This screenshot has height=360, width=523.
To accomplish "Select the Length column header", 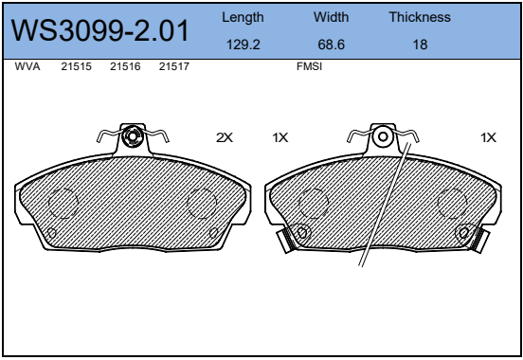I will pyautogui.click(x=243, y=17).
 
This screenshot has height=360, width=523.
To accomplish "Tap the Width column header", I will pyautogui.click(x=331, y=17).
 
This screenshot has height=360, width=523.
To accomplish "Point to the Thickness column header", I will pyautogui.click(x=419, y=17).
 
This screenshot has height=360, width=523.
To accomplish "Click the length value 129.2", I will pyautogui.click(x=243, y=44).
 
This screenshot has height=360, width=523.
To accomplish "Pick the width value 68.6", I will pyautogui.click(x=331, y=44).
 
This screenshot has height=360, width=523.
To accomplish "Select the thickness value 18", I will pyautogui.click(x=419, y=44).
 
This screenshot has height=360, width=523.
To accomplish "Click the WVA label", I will pyautogui.click(x=27, y=67).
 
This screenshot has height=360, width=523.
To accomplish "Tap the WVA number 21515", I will pyautogui.click(x=76, y=67).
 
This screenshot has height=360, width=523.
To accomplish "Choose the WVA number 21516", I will pyautogui.click(x=125, y=67).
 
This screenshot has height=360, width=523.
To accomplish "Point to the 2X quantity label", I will pyautogui.click(x=224, y=137).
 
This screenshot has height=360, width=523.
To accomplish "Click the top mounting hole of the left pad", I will pyautogui.click(x=133, y=137).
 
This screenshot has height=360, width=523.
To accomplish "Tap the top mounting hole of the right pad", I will pyautogui.click(x=383, y=136).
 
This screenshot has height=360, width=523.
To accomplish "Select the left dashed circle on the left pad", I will pyautogui.click(x=62, y=202).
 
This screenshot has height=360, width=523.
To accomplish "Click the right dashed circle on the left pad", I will pyautogui.click(x=202, y=202).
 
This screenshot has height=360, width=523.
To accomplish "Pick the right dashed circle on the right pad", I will pyautogui.click(x=452, y=202).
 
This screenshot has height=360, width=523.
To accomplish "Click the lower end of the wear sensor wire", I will pyautogui.click(x=361, y=264).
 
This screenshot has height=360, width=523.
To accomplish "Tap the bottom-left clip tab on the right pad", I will pyautogui.click(x=283, y=241).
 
